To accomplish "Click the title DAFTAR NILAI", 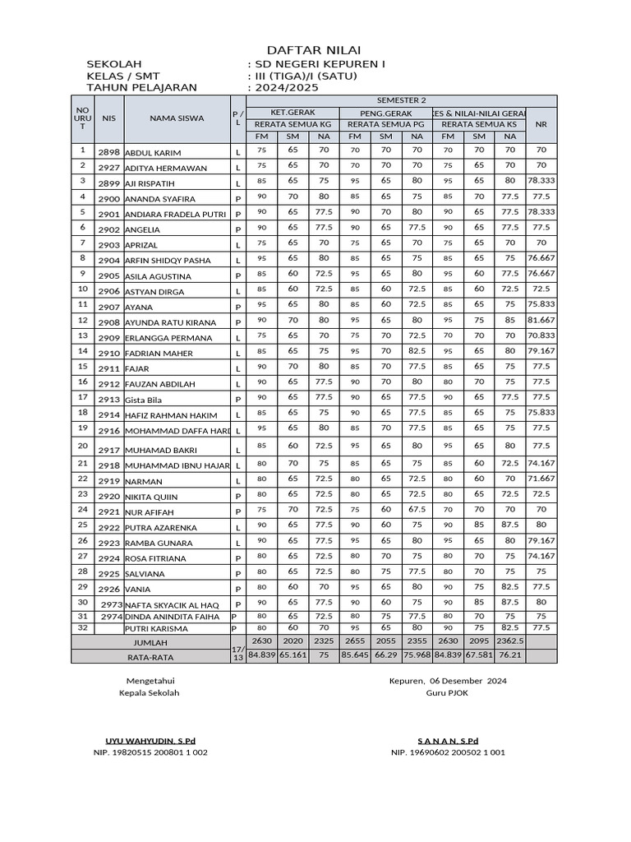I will (x=315, y=50).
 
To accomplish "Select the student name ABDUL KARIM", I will (x=153, y=153).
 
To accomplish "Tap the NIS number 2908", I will (x=108, y=323).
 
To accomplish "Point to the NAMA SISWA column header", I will (x=177, y=118).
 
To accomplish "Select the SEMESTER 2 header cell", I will (x=401, y=100).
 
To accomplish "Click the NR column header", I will (x=541, y=124).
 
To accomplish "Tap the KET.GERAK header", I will (x=292, y=112).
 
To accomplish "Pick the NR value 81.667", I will (x=541, y=320).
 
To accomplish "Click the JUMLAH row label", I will (x=150, y=642).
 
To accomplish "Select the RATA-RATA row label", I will (x=150, y=657).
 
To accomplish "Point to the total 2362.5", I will (x=510, y=641).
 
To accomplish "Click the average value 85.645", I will (x=355, y=655).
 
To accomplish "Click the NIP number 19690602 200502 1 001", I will (x=448, y=752).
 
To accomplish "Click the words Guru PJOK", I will (x=447, y=693).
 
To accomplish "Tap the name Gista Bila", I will (x=143, y=400).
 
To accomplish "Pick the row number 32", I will (x=82, y=627).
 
